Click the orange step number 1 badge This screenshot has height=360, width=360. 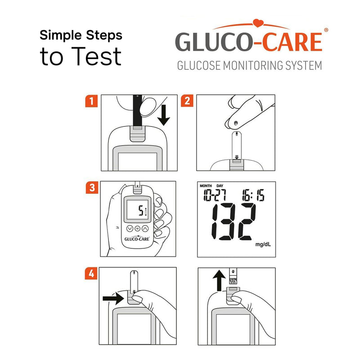tap(91, 101)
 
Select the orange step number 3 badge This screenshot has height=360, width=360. tap(91, 188)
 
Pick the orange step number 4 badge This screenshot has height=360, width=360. tap(91, 273)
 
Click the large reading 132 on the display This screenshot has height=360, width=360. tap(234, 221)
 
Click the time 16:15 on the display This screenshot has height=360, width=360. tap(253, 194)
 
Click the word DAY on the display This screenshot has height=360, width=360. tap(220, 186)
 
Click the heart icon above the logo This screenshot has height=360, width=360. tap(258, 22)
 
